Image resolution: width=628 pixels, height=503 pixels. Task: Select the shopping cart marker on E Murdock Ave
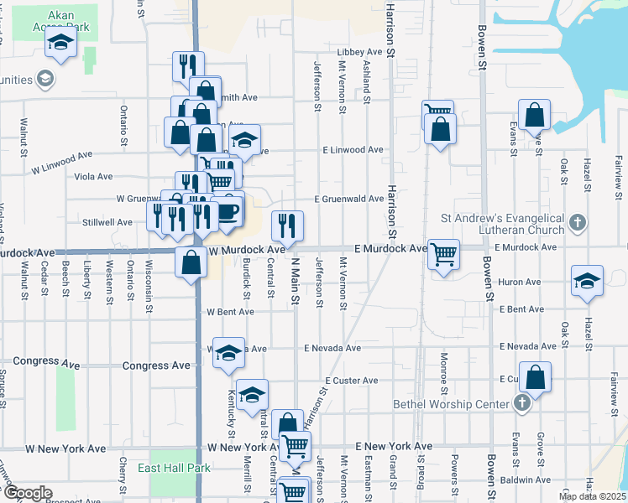443,253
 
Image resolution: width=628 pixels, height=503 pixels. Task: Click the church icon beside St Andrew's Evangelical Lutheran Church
576,222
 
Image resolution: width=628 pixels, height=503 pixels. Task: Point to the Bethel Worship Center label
452,404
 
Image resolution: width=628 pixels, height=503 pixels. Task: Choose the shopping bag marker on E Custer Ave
535,377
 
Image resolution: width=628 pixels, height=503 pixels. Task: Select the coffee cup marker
228,211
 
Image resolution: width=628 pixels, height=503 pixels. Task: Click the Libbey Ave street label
359,52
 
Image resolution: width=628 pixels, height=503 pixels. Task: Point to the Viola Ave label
93,177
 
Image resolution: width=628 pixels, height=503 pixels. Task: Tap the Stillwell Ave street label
107,222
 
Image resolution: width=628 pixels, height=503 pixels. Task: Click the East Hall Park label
174,468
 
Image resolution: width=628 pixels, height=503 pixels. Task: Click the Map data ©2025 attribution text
592,496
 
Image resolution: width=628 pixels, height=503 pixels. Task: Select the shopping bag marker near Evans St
534,116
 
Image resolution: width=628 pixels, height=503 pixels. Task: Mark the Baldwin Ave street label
526,480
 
